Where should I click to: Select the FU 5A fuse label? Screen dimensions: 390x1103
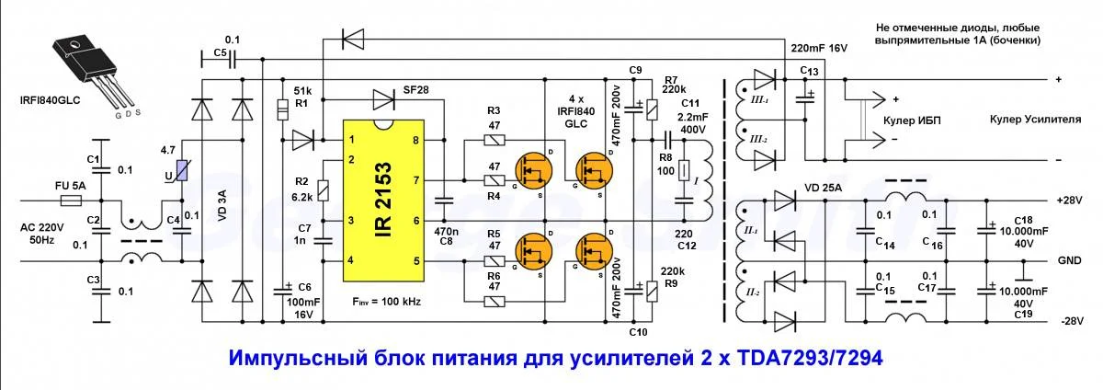68,187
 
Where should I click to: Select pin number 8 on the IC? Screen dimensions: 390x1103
416,140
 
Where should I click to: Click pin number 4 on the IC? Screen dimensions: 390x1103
350,261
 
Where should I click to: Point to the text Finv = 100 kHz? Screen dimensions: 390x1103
386,302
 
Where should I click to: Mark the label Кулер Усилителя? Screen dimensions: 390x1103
1033,120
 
